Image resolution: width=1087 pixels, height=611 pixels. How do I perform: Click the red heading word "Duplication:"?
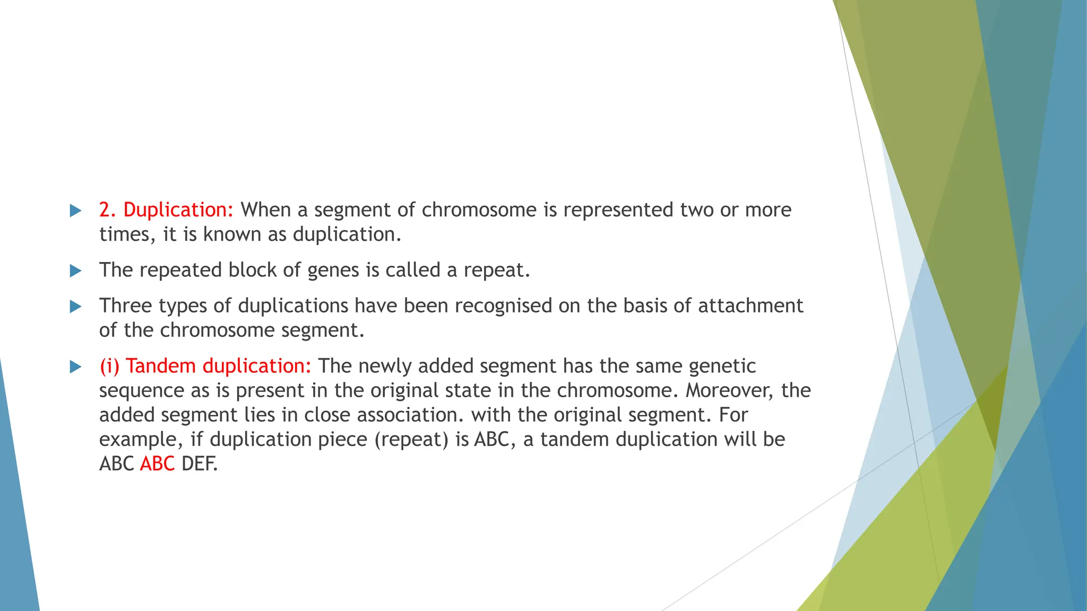pos(178,211)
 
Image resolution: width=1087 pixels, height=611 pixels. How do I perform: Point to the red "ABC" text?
pos(158,464)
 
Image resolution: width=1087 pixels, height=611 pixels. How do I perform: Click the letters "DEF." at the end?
pos(200,464)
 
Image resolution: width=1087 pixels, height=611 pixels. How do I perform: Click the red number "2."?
pos(108,211)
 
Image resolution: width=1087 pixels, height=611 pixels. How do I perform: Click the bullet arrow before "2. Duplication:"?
pos(76,211)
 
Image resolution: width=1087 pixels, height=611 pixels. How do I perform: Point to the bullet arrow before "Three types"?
pos(76,307)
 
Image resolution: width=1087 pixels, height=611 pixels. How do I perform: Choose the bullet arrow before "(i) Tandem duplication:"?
pos(76,367)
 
